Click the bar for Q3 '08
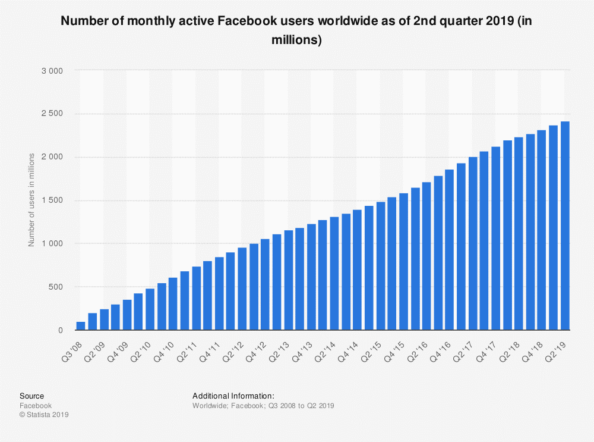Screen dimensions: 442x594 81,325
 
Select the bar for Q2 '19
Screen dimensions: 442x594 565,226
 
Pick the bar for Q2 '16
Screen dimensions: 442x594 426,256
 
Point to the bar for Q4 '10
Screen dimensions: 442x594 173,303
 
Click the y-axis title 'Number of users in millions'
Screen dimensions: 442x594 31,200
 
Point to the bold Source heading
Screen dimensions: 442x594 31,396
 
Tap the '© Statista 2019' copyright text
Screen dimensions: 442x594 45,415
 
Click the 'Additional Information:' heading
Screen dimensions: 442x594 233,396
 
